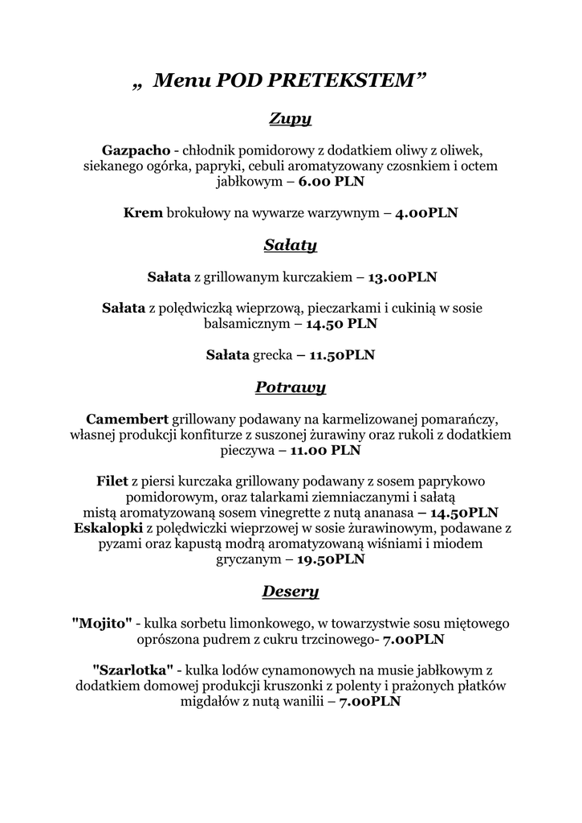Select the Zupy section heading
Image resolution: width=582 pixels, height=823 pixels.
[291, 120]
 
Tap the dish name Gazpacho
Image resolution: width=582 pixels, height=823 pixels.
[136, 150]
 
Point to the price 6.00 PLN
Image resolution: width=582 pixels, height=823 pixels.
[332, 182]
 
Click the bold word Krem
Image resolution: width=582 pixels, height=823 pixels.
[143, 213]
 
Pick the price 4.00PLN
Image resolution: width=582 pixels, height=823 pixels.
[426, 214]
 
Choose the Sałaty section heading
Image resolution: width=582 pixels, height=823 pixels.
[291, 244]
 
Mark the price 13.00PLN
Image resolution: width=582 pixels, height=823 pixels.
[402, 277]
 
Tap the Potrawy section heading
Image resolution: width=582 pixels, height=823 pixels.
[291, 387]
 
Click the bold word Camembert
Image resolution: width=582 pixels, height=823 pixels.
[127, 419]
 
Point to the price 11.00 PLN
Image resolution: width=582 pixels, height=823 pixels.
[325, 451]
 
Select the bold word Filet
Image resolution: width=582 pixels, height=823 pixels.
[112, 481]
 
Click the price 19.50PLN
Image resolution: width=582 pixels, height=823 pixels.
[331, 559]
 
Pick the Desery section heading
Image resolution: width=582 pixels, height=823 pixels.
[291, 592]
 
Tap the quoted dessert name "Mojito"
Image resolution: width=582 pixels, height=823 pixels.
[102, 623]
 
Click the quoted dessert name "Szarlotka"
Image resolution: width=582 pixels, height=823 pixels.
[133, 669]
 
